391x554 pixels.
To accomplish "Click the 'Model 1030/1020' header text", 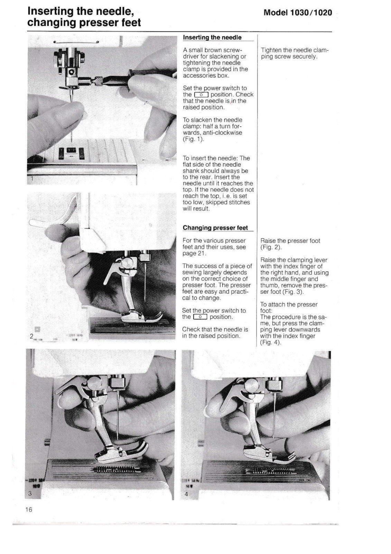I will coord(297,13).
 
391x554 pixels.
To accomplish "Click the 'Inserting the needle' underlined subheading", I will coord(212,37).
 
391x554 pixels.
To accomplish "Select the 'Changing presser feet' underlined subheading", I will coord(215,228).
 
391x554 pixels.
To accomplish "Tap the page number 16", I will coord(29,509).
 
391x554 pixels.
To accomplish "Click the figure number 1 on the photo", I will coord(31,179).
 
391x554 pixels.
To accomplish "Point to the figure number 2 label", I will coord(31,336).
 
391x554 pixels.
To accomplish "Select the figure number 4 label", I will coord(186,494).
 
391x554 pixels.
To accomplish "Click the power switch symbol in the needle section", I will coord(201,95).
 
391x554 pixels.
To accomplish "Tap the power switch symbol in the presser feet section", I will coord(200,317).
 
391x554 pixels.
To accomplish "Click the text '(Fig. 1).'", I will coord(194,139).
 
